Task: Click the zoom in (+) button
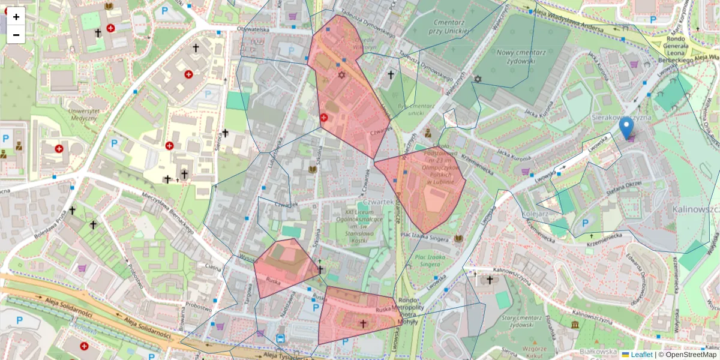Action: coord(16,16)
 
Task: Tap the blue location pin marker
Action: coord(626,127)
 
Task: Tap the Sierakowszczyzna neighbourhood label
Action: coord(622,118)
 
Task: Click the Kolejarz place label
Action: coord(518,213)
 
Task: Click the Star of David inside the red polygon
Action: coord(342,76)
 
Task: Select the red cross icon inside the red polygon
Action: coord(324,118)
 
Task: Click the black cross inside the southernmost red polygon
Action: coord(362,323)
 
